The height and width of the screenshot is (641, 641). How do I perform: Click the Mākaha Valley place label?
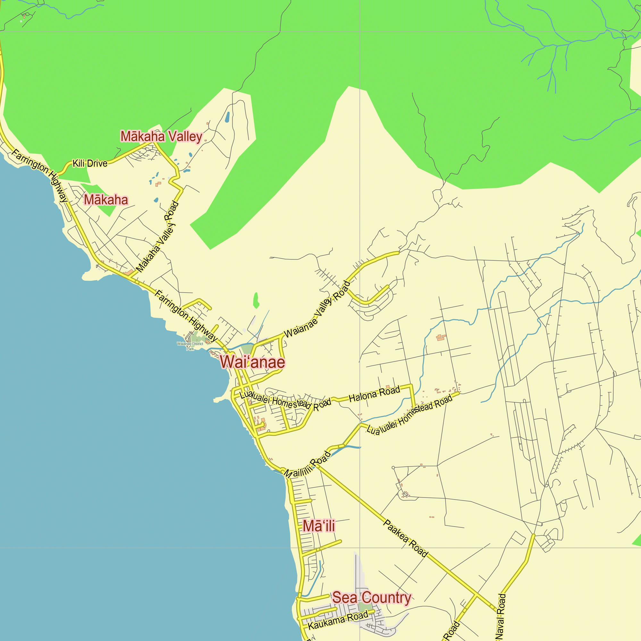pos(161,136)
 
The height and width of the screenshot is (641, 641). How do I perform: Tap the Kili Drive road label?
pos(90,163)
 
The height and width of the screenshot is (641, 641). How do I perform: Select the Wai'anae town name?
pos(253,362)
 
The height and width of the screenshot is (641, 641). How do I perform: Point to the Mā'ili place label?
pos(319,526)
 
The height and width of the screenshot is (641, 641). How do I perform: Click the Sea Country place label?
pos(371,597)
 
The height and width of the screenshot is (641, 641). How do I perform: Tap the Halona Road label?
pos(374,394)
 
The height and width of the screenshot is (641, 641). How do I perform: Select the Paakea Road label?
pos(405,538)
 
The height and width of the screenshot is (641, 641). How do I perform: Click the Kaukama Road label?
pos(338,620)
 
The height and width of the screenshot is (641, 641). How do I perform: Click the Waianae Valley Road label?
pos(317,309)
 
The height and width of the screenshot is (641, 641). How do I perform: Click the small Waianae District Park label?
pos(190,346)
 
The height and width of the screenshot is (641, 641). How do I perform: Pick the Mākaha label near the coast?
pos(106,200)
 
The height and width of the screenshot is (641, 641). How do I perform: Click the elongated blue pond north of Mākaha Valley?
pos(227,117)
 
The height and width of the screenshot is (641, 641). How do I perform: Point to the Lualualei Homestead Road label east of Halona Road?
pos(409,415)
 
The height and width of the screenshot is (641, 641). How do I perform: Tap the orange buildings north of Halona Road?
pos(441,338)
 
